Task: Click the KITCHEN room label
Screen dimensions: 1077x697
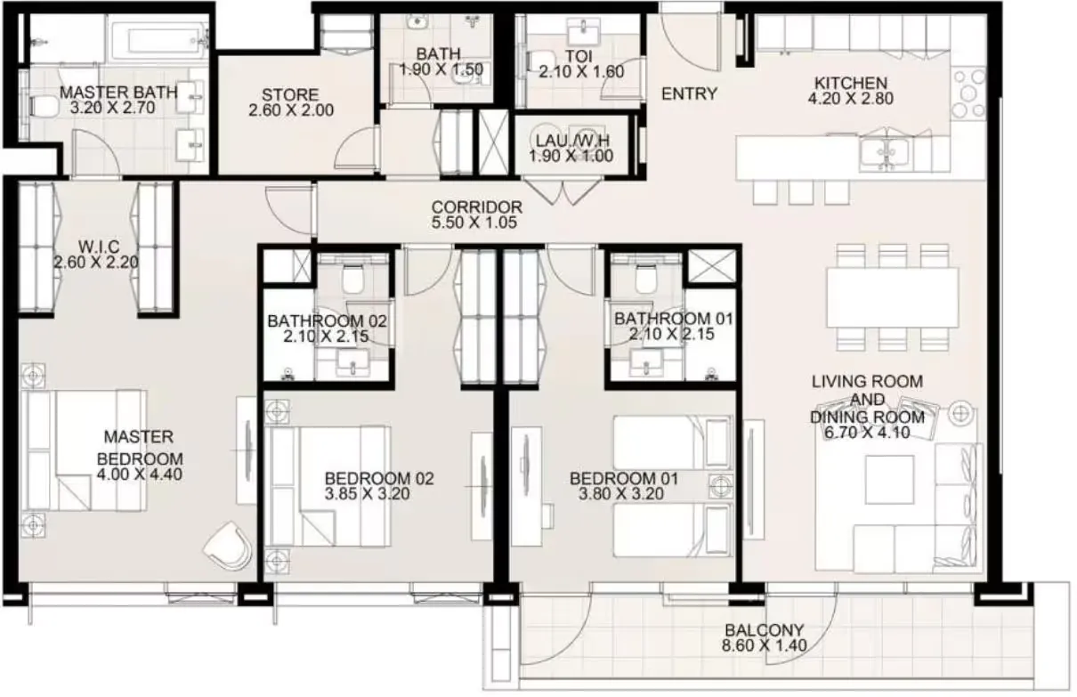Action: point(851,83)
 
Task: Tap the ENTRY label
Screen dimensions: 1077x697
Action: point(690,93)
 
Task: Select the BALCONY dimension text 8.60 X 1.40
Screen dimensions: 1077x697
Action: point(764,645)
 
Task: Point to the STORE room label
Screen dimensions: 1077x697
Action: point(290,94)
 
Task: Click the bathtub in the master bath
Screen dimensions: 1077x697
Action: point(158,37)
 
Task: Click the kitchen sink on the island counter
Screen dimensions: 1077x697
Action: point(885,152)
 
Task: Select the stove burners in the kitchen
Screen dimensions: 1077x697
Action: point(968,93)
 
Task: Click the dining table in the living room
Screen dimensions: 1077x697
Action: point(893,297)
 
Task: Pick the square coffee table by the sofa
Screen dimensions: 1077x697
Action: point(889,480)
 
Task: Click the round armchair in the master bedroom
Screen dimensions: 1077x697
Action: point(228,546)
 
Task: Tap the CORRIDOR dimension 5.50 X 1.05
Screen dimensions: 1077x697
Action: point(474,223)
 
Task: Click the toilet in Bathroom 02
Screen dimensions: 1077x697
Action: point(352,279)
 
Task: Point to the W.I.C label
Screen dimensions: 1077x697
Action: point(99,247)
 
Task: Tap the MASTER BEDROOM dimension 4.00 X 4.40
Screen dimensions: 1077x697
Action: point(140,474)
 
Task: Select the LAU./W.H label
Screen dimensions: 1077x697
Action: point(572,141)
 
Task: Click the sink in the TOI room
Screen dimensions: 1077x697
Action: point(584,33)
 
